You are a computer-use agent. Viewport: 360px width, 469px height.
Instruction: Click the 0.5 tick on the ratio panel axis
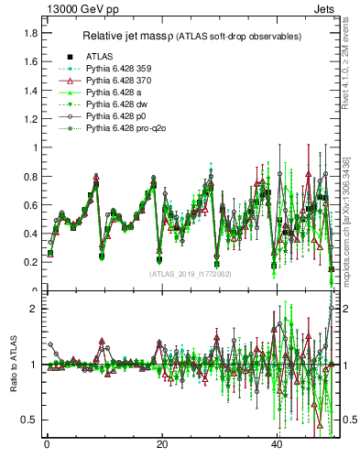point(30,420)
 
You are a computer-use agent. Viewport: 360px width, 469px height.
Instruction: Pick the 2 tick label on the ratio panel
point(35,309)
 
